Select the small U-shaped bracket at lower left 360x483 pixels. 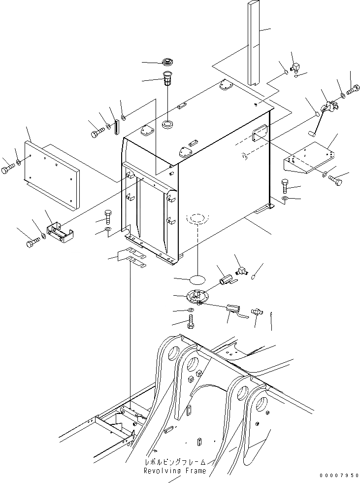click(60, 233)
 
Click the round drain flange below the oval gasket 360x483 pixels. click(198, 297)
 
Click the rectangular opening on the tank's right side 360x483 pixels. click(260, 133)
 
